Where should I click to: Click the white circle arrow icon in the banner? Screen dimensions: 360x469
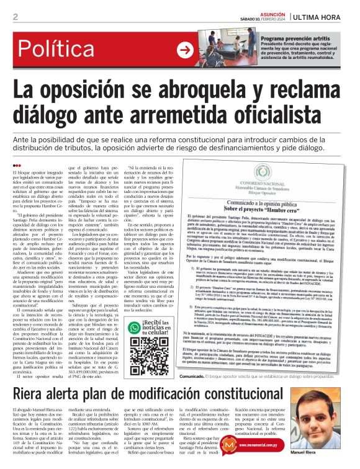(184, 50)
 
